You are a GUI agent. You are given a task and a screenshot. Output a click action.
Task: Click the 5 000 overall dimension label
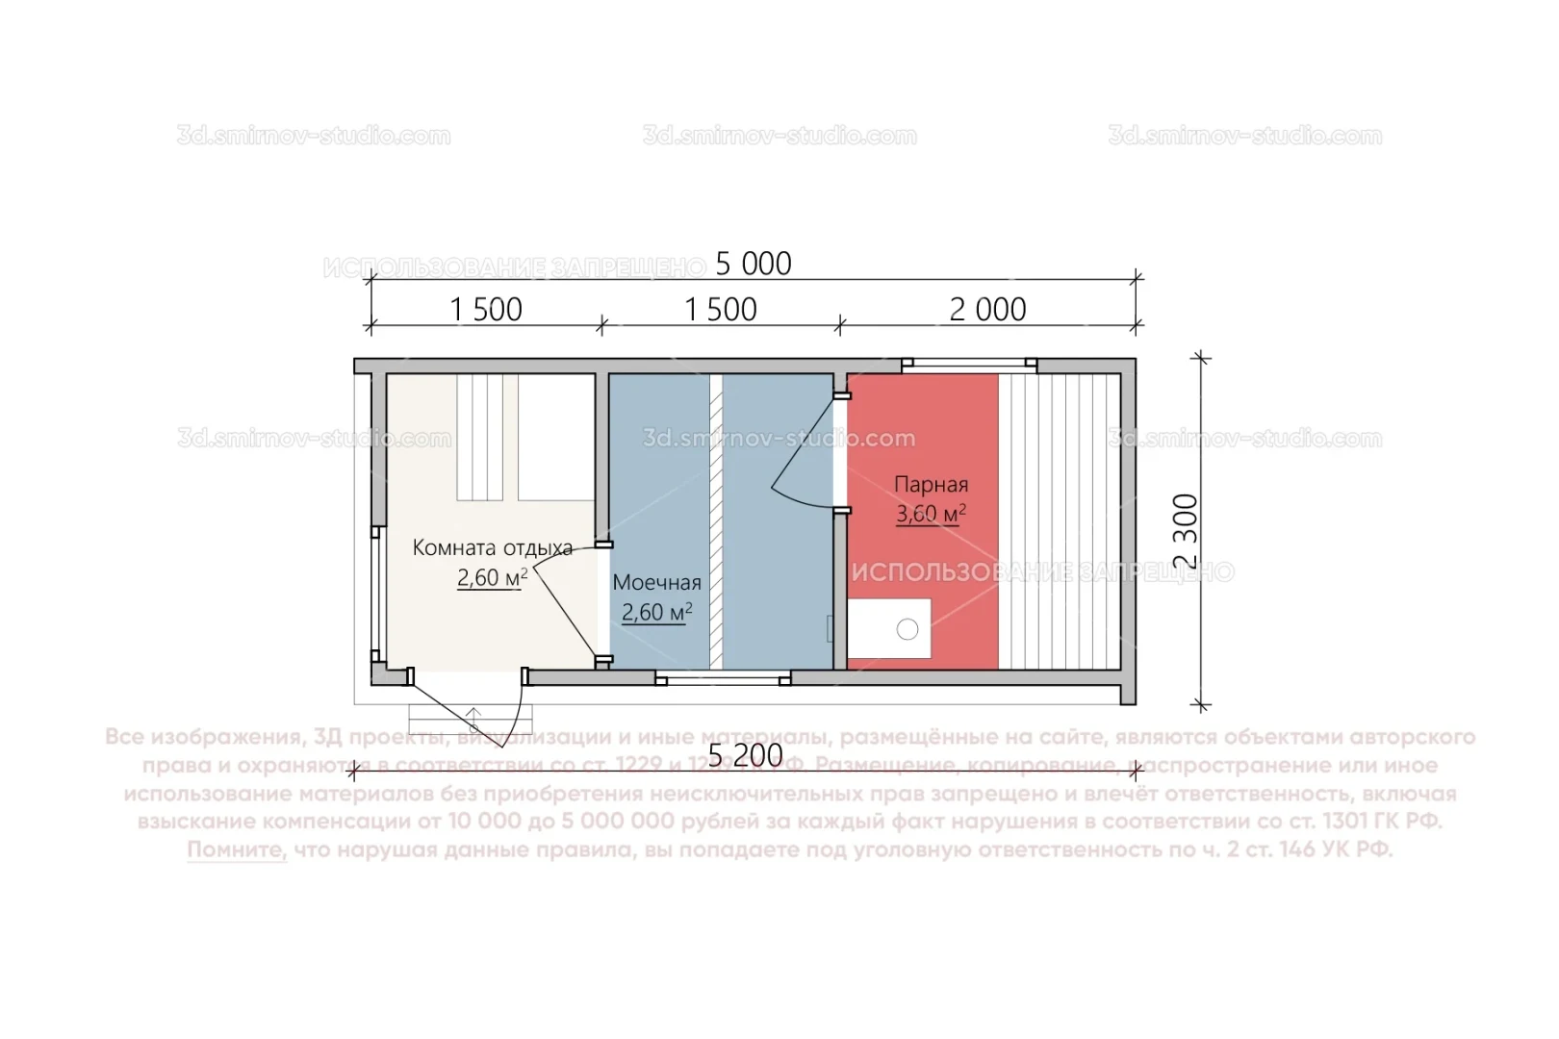click(x=753, y=264)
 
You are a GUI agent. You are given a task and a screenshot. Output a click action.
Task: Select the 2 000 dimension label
click(x=987, y=310)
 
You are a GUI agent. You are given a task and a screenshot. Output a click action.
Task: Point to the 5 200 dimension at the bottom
click(x=745, y=756)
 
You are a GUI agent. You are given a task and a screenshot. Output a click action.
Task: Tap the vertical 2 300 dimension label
click(x=1187, y=531)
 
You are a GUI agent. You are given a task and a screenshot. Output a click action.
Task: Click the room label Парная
click(x=931, y=485)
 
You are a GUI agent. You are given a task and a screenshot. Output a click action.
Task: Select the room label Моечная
click(x=656, y=583)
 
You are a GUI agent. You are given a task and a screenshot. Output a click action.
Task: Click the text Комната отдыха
click(x=492, y=548)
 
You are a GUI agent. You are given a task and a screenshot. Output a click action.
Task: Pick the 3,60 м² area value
click(x=931, y=514)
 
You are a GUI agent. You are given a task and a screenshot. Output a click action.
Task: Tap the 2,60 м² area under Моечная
click(x=656, y=613)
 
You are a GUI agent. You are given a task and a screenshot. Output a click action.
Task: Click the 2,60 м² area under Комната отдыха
click(x=492, y=578)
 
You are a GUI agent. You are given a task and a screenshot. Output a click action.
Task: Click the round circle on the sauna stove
click(x=907, y=629)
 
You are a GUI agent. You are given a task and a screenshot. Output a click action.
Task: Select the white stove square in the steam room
click(x=888, y=628)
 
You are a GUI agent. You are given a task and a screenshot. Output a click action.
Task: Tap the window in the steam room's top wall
click(x=969, y=365)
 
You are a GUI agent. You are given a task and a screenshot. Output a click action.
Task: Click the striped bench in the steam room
click(x=1060, y=521)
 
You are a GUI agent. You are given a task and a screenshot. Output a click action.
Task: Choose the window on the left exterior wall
click(x=376, y=595)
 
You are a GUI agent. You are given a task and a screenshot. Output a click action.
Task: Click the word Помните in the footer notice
click(x=237, y=850)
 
